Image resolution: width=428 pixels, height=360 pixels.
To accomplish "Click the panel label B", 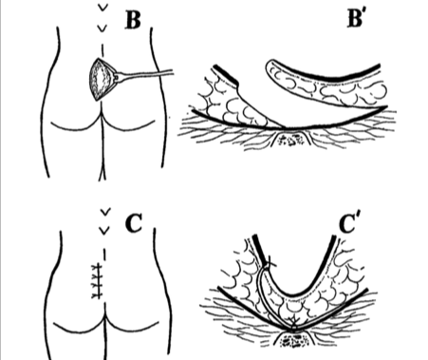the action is [133, 20].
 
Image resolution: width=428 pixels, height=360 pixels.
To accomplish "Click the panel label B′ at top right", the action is [355, 18].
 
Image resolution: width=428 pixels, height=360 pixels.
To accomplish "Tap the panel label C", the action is [134, 223].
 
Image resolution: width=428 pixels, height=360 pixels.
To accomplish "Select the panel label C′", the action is [350, 223].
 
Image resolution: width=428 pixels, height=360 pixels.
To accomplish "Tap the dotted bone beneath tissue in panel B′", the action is [290, 140].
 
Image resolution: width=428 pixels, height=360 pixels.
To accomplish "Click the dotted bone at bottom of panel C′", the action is [293, 341].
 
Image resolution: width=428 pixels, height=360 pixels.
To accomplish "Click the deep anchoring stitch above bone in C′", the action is [293, 322].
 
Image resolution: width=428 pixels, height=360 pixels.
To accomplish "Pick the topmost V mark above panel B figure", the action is [102, 8].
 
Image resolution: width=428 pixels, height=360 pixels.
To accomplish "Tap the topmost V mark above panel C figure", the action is [104, 212].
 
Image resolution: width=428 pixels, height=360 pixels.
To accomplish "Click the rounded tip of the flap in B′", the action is [270, 68].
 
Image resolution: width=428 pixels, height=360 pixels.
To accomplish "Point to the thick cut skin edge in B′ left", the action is [225, 75].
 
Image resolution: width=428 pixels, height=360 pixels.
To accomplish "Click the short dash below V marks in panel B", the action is [102, 48].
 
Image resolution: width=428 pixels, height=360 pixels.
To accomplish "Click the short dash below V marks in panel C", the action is [104, 254].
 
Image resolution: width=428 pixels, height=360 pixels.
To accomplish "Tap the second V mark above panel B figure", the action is [102, 28].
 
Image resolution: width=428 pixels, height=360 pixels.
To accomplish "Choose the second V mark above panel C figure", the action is [104, 231].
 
